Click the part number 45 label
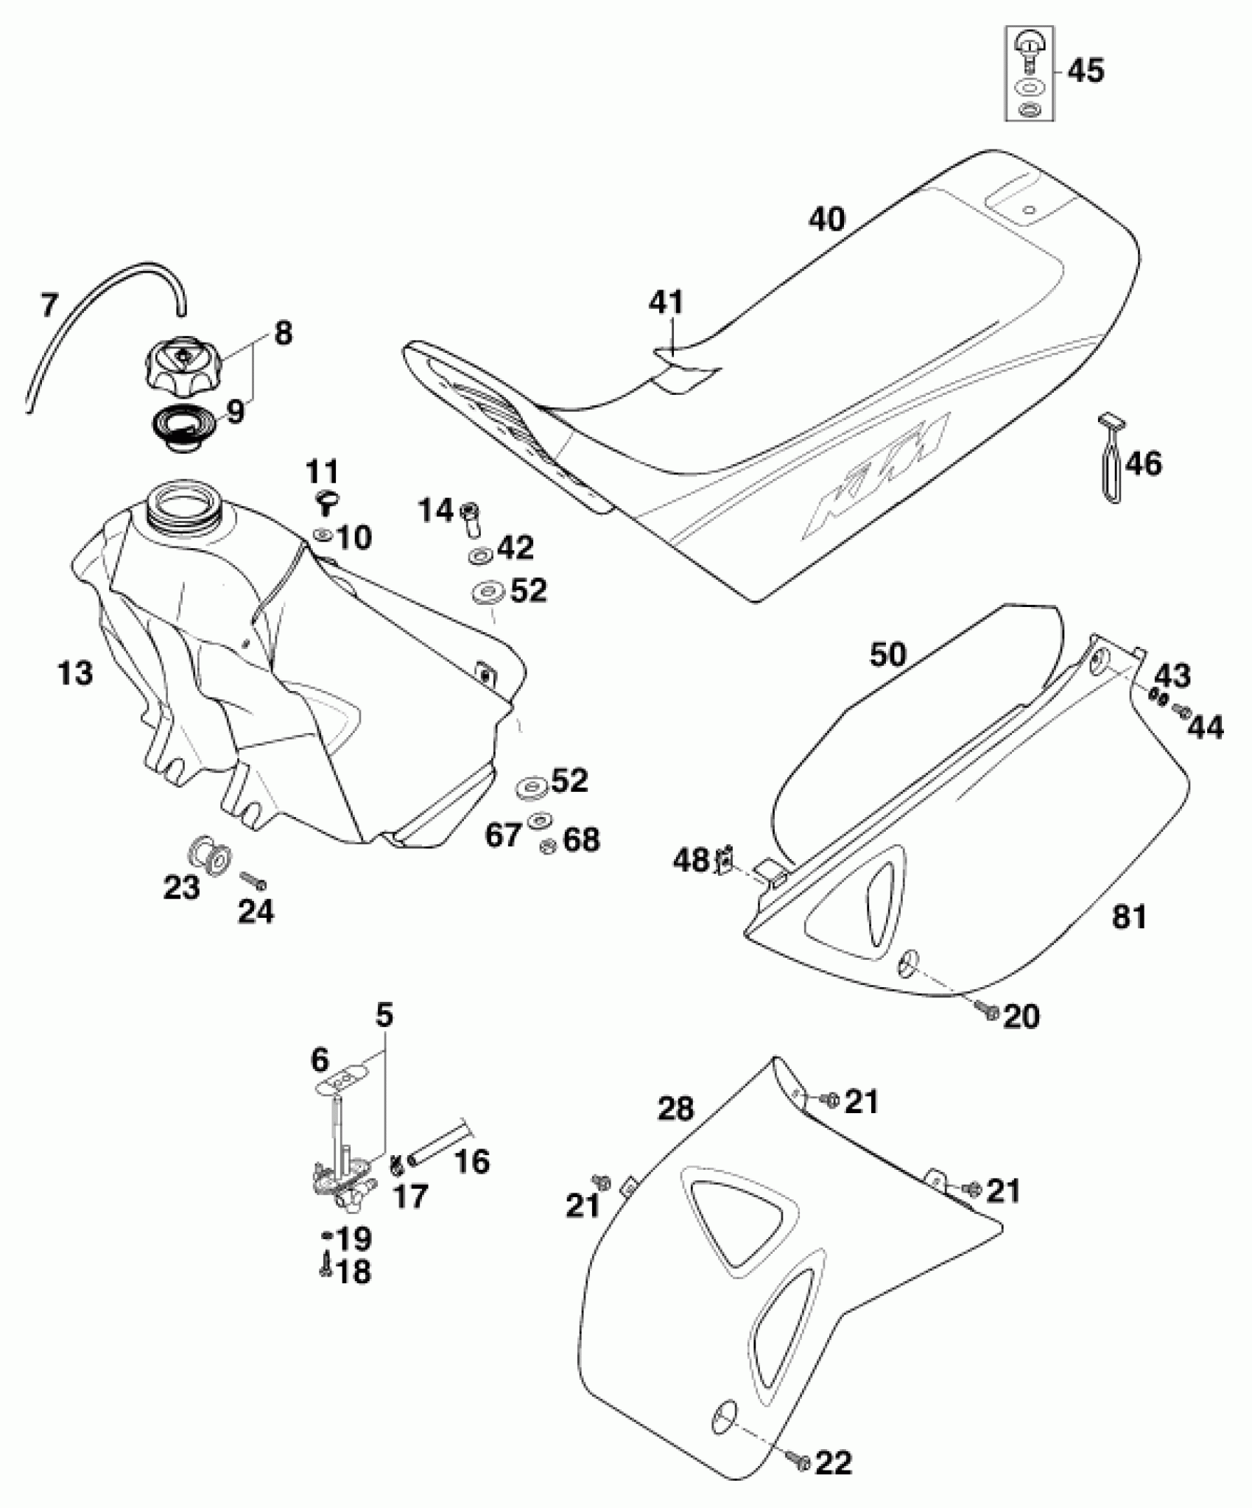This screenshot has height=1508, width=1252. point(1086,71)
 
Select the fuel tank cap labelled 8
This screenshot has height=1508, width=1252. point(182,363)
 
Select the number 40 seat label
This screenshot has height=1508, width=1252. point(826,219)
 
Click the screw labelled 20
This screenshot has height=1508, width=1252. point(988,1012)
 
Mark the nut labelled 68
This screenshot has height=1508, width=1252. point(548,846)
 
